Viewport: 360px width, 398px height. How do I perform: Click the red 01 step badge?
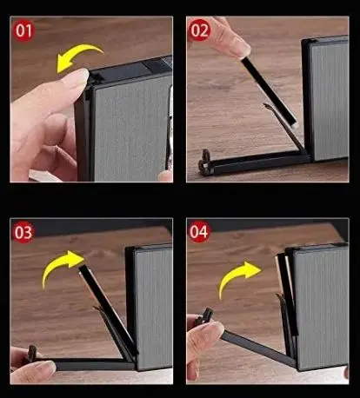coord(23,30)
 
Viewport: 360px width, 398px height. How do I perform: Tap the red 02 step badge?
coord(199,30)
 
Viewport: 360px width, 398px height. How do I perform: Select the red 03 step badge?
coord(23,232)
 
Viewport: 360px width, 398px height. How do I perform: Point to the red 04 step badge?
coord(199,232)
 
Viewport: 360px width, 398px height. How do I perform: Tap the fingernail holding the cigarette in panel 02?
coord(243,47)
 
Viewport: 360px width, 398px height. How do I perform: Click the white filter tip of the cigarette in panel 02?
coord(293,123)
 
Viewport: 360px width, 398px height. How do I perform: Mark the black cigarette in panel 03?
coord(108,310)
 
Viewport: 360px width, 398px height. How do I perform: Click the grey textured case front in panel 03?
coord(155,308)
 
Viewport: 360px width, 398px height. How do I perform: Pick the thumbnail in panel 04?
coord(214,329)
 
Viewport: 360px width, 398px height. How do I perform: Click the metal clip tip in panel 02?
coord(267,106)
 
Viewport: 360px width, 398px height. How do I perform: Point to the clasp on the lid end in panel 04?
coord(205,316)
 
